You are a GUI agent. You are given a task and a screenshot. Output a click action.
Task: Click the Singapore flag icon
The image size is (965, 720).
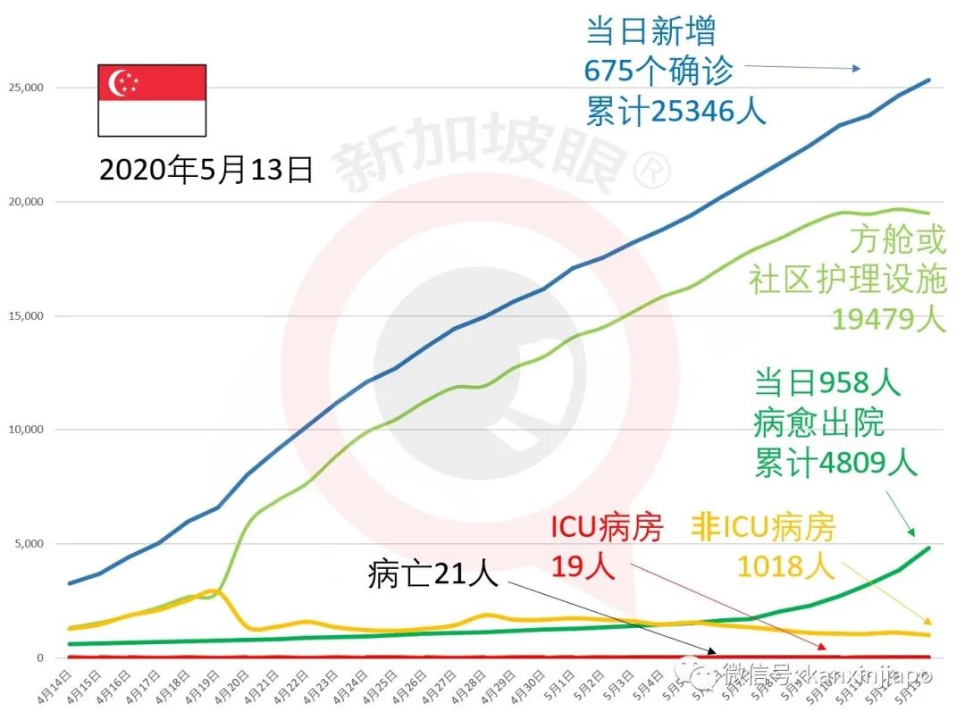pyautogui.click(x=152, y=99)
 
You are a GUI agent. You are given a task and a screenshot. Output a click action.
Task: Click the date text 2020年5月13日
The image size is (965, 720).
pyautogui.click(x=206, y=170)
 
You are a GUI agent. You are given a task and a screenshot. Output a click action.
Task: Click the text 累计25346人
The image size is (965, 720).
pyautogui.click(x=676, y=111)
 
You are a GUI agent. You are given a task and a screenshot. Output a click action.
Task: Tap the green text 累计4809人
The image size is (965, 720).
pyautogui.click(x=835, y=464)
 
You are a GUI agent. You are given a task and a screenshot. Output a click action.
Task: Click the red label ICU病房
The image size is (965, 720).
pyautogui.click(x=607, y=529)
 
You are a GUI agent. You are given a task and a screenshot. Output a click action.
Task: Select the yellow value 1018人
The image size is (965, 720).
pyautogui.click(x=785, y=565)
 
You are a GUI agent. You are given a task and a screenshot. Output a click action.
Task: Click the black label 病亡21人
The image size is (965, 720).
pyautogui.click(x=432, y=574)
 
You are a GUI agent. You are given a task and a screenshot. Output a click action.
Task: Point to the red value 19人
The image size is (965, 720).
pyautogui.click(x=583, y=565)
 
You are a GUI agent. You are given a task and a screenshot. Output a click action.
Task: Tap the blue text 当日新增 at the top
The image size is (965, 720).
pyautogui.click(x=650, y=32)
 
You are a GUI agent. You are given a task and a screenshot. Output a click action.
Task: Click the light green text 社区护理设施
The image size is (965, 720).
pyautogui.click(x=847, y=280)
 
